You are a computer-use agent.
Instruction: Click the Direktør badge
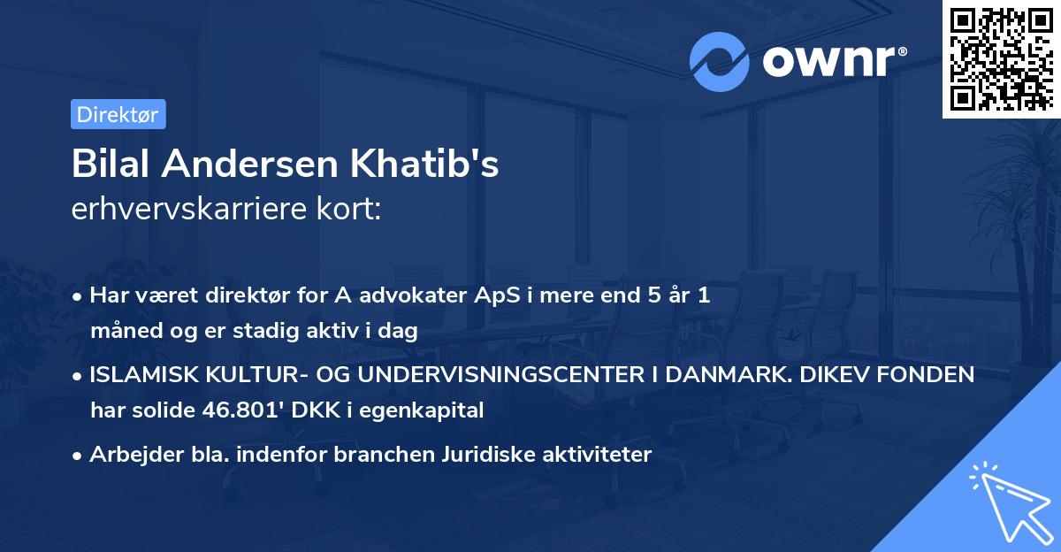coord(118,114)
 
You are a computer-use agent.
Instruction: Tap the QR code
coord(1000,58)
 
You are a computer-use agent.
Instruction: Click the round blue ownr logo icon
coord(720,62)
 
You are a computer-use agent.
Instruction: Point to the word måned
coord(125,332)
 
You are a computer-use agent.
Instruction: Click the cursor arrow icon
coord(1008,500)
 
